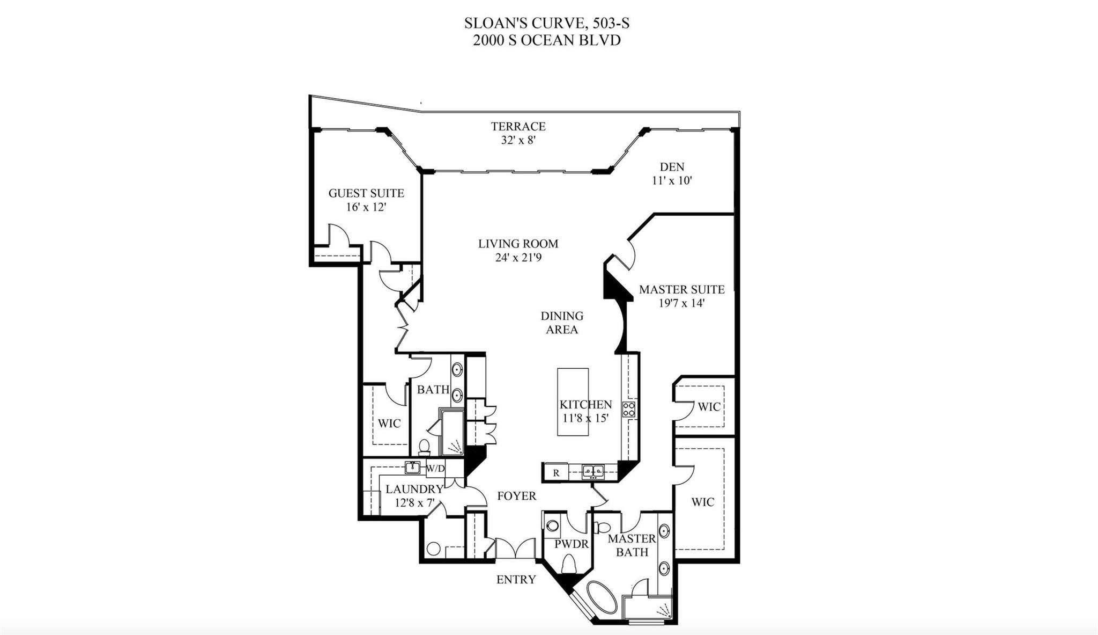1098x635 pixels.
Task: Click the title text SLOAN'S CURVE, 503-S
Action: tap(546, 23)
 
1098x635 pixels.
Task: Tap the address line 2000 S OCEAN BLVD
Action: tap(546, 40)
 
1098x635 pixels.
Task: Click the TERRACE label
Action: tap(518, 126)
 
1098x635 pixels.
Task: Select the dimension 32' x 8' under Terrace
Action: tap(518, 140)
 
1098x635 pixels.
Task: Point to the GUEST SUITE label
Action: tap(366, 193)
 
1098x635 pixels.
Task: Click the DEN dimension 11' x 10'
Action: tap(672, 181)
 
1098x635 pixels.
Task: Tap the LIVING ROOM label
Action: tap(518, 244)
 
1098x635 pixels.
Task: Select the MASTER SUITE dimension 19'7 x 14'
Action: tap(681, 303)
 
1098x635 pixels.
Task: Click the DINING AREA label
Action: tap(561, 323)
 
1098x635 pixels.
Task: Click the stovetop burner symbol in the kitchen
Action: tap(629, 410)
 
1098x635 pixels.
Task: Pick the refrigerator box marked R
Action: tap(556, 473)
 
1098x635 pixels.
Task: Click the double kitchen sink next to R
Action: tap(593, 472)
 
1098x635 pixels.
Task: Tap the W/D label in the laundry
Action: tap(435, 469)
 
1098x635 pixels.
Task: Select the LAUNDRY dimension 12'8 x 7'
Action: tap(414, 503)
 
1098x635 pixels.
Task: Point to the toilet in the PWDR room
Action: tap(568, 565)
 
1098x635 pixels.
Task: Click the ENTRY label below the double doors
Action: tap(516, 580)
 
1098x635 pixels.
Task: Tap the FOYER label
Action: tap(516, 496)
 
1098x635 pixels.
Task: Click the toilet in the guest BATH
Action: tap(424, 447)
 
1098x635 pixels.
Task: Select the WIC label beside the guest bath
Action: tap(389, 424)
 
